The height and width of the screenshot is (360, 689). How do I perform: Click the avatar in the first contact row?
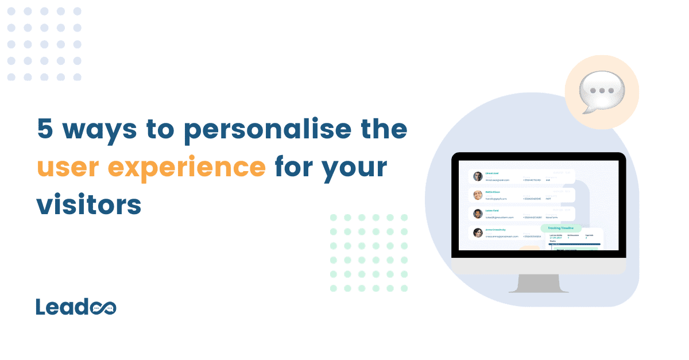(478, 176)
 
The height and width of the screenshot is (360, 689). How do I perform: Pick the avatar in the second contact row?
(478, 195)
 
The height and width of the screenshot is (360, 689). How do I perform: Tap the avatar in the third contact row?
(478, 214)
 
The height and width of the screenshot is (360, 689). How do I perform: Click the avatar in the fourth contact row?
(478, 233)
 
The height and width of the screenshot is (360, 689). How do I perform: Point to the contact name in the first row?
(493, 173)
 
